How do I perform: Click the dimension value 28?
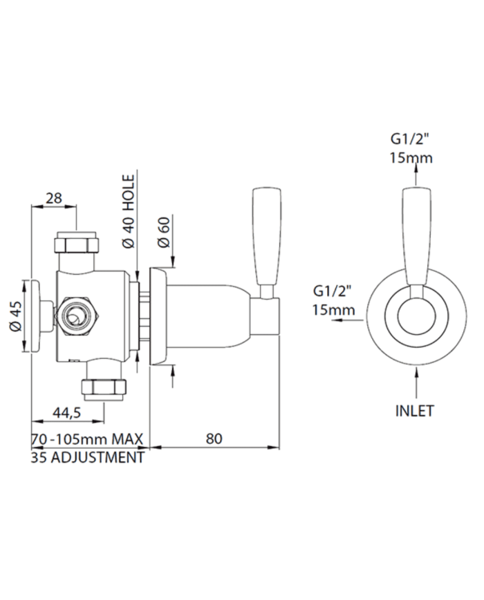click(54, 198)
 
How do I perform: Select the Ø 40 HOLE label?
click(130, 211)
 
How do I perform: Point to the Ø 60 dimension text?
click(163, 232)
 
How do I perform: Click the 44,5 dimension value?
click(66, 412)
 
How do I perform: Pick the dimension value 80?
click(214, 438)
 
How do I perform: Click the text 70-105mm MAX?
click(87, 439)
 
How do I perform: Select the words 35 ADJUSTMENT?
click(87, 457)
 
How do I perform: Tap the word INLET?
click(415, 411)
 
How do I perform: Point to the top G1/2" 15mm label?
click(411, 148)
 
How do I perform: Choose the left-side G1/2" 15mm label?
click(333, 300)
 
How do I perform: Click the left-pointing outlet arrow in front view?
click(348, 320)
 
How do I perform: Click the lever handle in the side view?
click(266, 242)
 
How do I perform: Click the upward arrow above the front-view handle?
click(416, 171)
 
